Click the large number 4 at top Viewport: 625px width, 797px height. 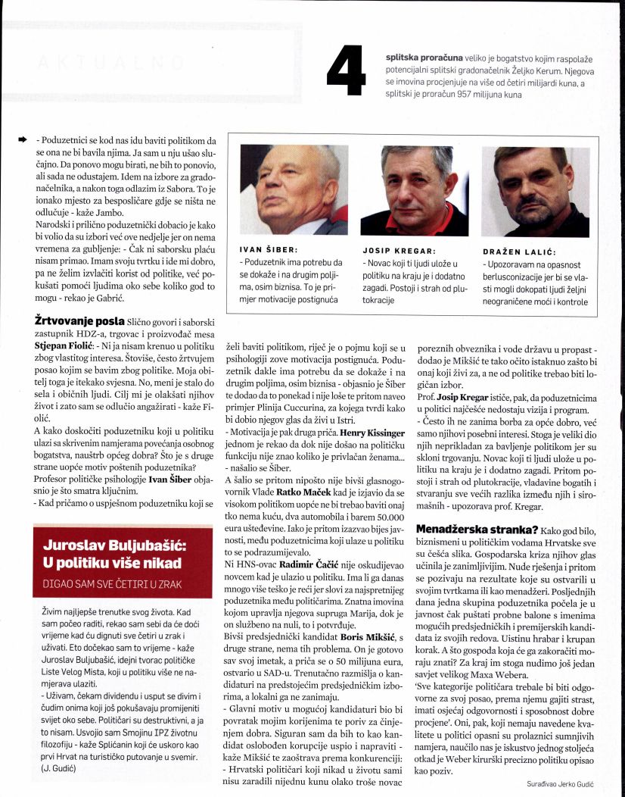point(350,70)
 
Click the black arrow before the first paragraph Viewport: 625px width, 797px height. point(23,140)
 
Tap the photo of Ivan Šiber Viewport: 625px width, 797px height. point(294,190)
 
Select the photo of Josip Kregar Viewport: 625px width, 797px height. point(414,190)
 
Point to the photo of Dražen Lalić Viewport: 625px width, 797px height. point(535,190)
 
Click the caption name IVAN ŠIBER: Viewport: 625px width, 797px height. point(265,248)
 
